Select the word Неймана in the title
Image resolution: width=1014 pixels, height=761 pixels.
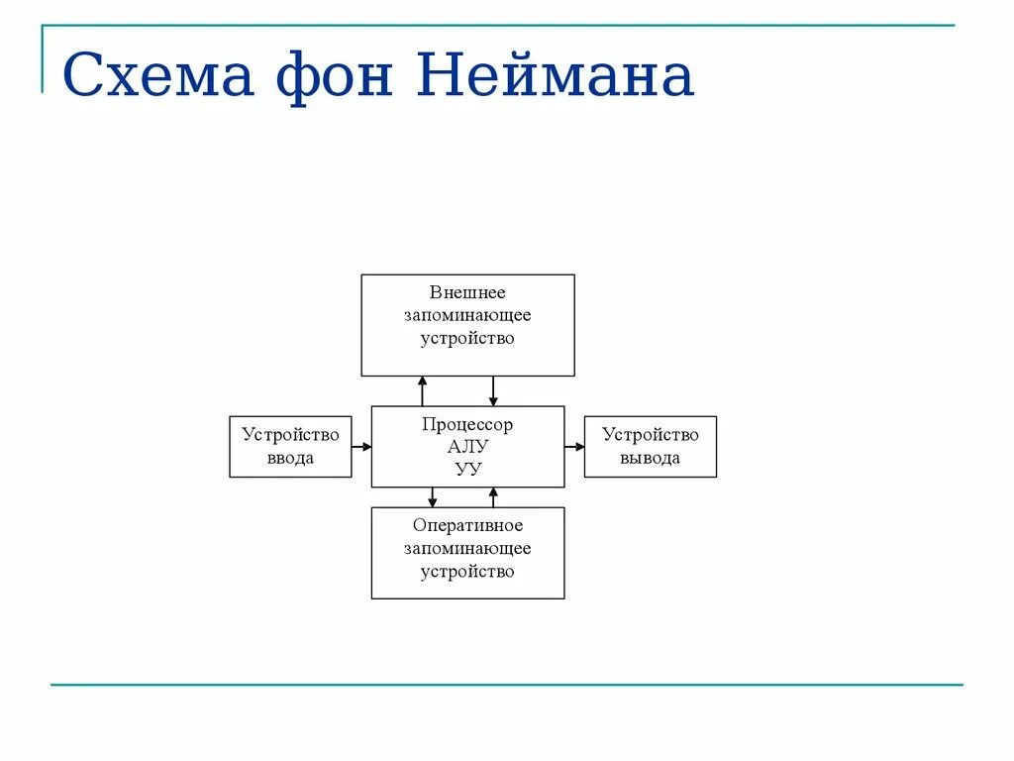click(555, 76)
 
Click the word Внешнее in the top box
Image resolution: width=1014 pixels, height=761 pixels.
click(467, 293)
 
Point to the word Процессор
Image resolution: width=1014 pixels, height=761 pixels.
click(467, 425)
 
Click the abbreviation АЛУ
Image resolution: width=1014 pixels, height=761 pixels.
click(467, 446)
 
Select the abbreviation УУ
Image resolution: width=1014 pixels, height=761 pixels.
click(467, 468)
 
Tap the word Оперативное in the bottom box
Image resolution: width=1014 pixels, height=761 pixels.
click(467, 526)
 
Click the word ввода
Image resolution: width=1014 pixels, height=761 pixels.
click(290, 458)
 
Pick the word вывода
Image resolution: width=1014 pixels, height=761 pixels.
click(650, 458)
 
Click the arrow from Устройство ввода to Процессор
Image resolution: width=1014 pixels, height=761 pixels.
click(361, 447)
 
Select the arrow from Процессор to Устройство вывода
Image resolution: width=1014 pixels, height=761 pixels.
click(574, 447)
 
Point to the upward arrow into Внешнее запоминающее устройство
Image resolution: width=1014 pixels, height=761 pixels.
click(423, 390)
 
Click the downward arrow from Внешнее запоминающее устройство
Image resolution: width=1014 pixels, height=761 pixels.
click(493, 390)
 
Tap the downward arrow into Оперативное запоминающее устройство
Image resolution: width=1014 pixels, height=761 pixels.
click(433, 497)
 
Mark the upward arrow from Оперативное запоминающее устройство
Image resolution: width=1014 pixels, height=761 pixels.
click(493, 497)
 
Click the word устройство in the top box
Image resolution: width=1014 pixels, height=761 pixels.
click(467, 338)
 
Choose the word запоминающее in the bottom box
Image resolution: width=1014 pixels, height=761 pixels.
click(467, 549)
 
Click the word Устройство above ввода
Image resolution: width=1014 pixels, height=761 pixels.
click(290, 435)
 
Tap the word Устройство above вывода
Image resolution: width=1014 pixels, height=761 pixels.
click(650, 435)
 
